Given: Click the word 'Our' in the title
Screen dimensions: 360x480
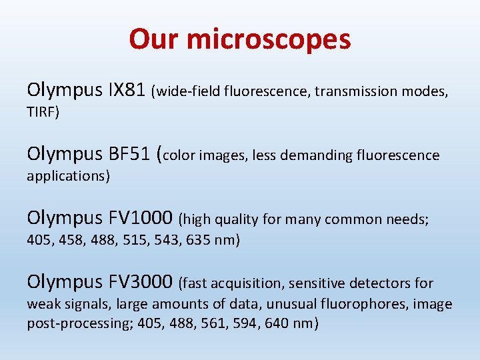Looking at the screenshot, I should tap(154, 39).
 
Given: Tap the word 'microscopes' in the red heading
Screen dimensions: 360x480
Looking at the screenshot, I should tap(269, 39).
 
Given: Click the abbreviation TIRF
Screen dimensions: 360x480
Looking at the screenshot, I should tap(41, 113).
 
